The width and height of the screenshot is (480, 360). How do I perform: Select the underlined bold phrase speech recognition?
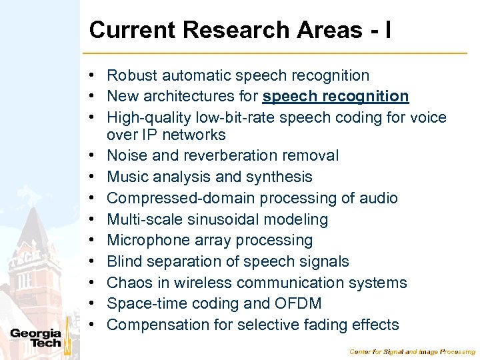click(335, 97)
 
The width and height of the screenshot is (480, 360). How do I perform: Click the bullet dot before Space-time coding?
click(97, 304)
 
